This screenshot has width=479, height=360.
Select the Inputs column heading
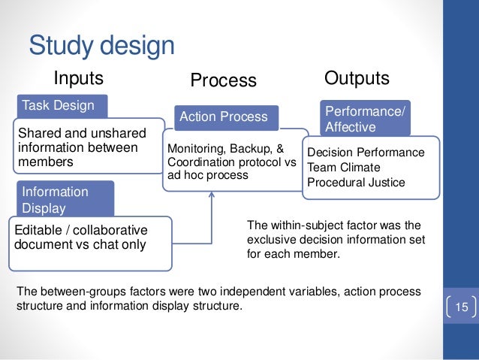coord(77,79)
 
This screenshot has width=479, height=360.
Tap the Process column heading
coord(223,80)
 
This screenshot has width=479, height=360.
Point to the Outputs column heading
coord(357,78)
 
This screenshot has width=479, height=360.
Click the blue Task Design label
coord(57,105)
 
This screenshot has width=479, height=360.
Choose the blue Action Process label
coord(223,116)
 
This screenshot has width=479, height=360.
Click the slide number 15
coord(461,307)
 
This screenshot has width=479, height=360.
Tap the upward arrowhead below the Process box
coord(212,196)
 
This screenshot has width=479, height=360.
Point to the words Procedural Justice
coord(357,182)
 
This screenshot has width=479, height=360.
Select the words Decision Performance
coord(366,152)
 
